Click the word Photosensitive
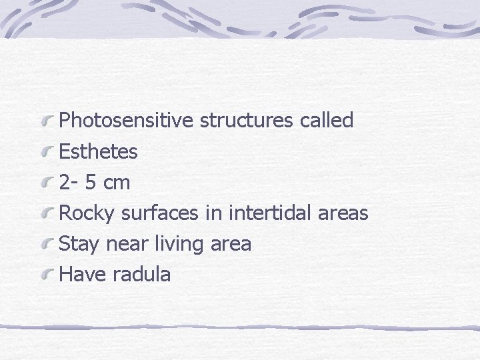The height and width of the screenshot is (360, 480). [x=127, y=121]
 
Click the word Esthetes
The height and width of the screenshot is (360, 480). [x=99, y=152]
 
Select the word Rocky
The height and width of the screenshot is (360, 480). [x=87, y=213]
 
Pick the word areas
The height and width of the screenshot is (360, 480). [x=343, y=213]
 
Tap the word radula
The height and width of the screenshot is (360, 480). [x=142, y=274]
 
